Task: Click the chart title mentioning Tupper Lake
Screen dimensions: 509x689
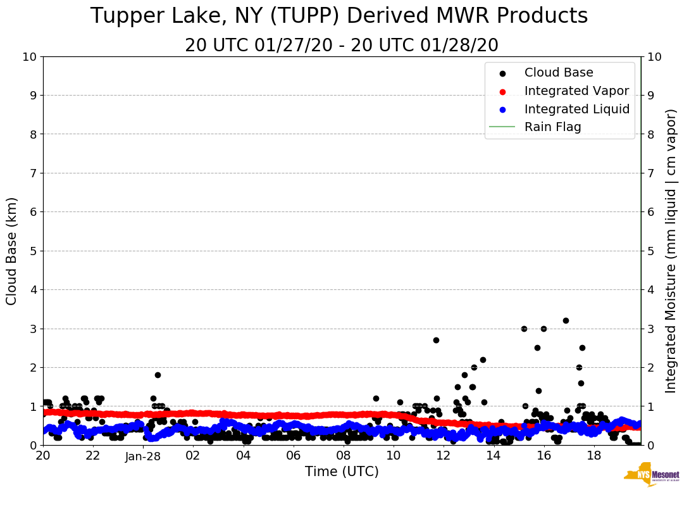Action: (x=339, y=16)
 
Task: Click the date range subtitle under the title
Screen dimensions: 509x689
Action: (x=342, y=46)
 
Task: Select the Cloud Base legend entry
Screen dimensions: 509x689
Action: (x=559, y=73)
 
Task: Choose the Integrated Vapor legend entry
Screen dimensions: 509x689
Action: (x=576, y=91)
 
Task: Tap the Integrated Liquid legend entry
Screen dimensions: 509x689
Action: (x=577, y=109)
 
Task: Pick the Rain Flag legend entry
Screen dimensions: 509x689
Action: (x=552, y=127)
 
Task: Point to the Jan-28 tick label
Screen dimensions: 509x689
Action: (x=143, y=456)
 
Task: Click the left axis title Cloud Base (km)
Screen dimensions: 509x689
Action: (x=12, y=251)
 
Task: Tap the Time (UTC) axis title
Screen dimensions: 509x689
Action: (x=342, y=472)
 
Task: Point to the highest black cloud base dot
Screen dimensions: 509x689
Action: (x=566, y=320)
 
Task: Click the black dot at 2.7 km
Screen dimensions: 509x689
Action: (x=436, y=340)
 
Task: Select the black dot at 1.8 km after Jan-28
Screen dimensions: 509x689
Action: (x=158, y=375)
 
